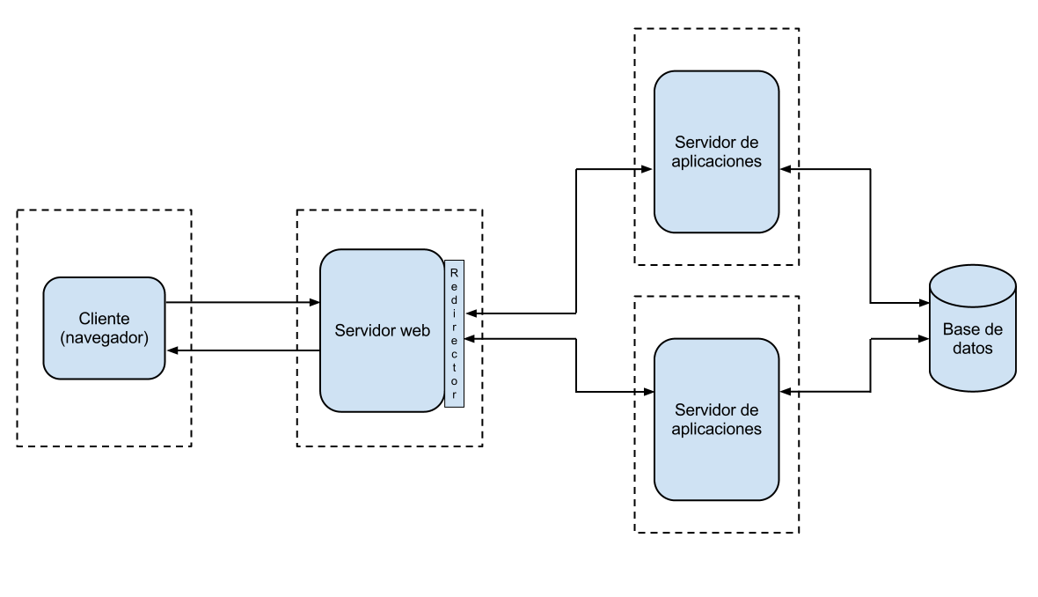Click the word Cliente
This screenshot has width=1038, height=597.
(104, 319)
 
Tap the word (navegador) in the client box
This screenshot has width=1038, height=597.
(104, 337)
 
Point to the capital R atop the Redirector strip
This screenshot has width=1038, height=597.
(454, 273)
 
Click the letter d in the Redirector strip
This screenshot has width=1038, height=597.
(454, 299)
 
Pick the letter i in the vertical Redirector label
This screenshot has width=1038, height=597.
(454, 313)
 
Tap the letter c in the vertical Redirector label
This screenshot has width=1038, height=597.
(454, 355)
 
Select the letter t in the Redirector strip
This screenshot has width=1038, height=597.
(454, 368)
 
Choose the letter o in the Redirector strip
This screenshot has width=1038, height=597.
(454, 381)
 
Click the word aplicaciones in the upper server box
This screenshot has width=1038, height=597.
(716, 162)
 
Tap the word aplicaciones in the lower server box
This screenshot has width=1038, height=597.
(716, 430)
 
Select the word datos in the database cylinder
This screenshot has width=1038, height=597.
(973, 349)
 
